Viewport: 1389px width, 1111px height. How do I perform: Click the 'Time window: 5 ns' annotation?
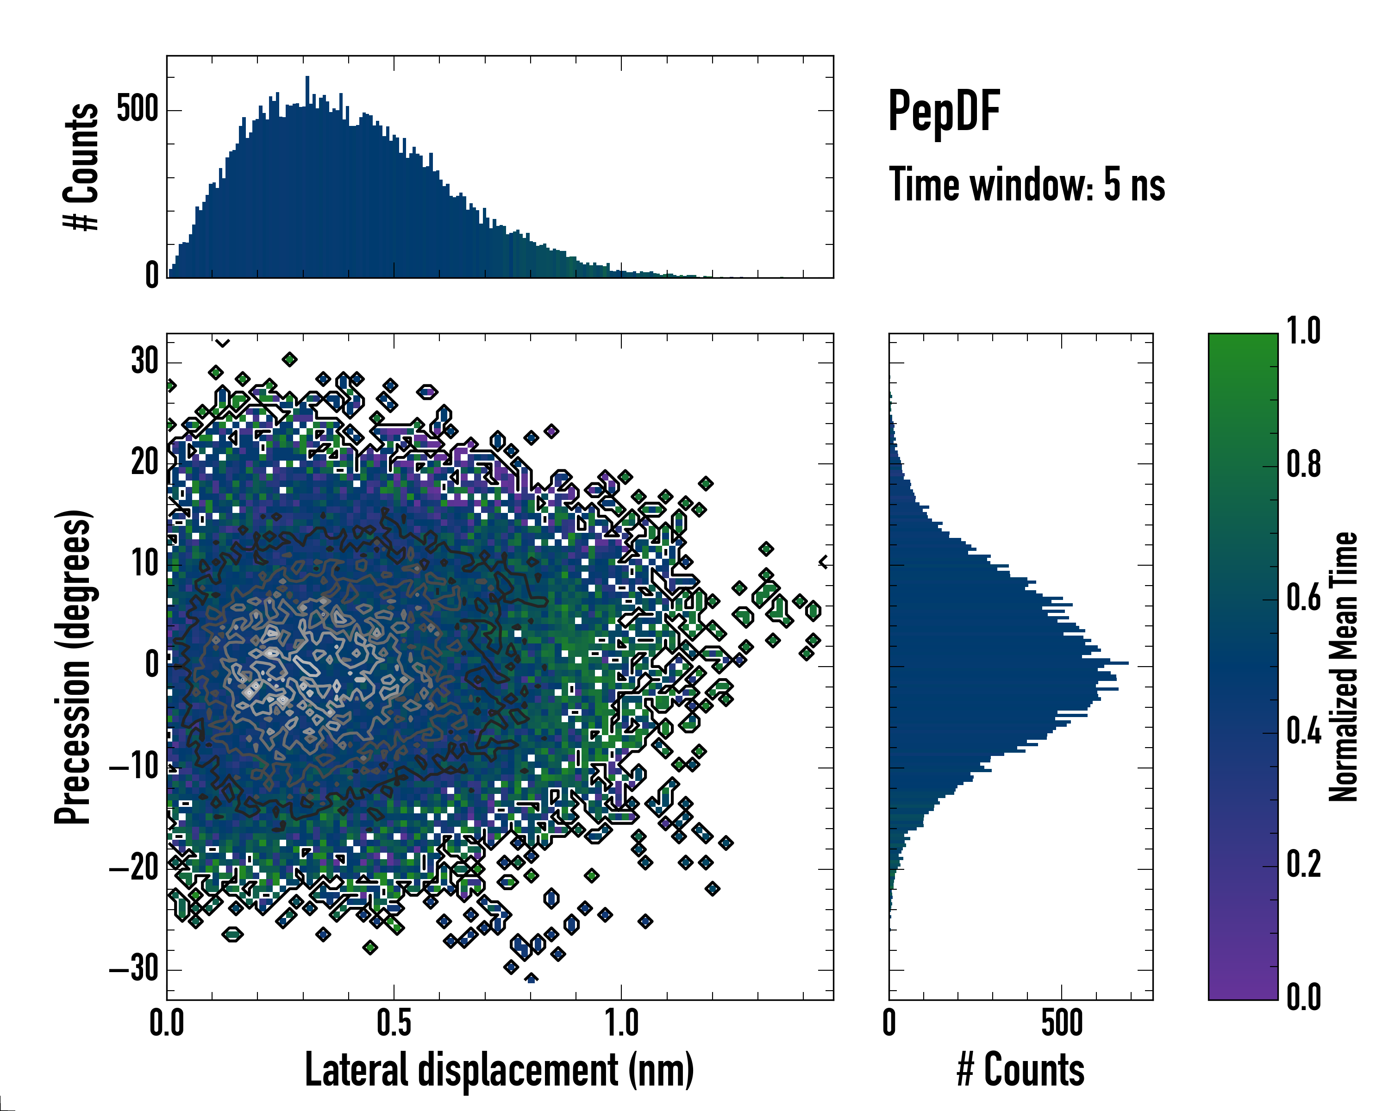[1027, 185]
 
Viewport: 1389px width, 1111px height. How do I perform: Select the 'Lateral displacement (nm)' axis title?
[499, 1070]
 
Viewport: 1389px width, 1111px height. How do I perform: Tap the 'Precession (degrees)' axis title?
[73, 667]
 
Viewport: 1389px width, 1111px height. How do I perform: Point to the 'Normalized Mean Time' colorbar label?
[1343, 667]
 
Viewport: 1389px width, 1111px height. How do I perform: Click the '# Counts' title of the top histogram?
[81, 167]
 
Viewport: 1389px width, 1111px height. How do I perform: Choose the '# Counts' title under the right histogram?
[1020, 1070]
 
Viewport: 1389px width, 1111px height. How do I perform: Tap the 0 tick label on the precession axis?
[152, 665]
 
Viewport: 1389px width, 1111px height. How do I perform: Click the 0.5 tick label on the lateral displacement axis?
[394, 1024]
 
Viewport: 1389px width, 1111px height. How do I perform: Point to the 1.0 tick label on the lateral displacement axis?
[621, 1024]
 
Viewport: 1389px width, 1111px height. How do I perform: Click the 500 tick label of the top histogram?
[137, 110]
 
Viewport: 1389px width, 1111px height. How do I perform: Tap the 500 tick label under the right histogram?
[1062, 1024]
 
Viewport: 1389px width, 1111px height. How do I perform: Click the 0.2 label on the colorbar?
[1303, 864]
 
